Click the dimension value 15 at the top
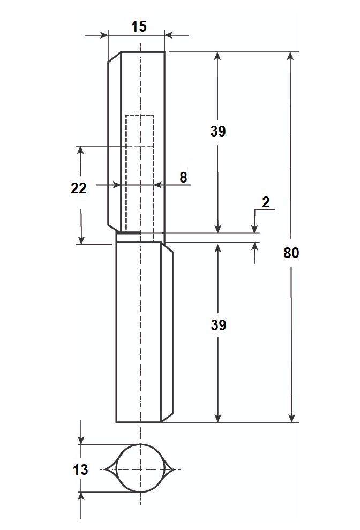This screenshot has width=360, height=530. [139, 26]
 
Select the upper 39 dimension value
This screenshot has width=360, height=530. [217, 131]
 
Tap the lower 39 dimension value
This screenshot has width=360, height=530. [218, 325]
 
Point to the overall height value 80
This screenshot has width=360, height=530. [291, 253]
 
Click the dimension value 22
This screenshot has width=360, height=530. [79, 188]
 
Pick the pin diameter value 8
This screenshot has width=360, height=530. [183, 177]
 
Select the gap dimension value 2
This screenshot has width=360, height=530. [266, 202]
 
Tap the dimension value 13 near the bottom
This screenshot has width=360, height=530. [80, 470]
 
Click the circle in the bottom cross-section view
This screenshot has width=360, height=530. [116, 468]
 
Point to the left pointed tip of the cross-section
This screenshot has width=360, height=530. [105, 469]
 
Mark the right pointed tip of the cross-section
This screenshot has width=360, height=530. [174, 469]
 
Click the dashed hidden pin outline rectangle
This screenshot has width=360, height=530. [126, 172]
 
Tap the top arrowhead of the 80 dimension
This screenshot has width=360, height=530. [290, 56]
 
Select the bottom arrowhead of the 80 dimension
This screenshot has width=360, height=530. [292, 418]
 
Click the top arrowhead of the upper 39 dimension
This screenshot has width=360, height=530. [217, 56]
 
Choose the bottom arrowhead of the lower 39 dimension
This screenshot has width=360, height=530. [218, 418]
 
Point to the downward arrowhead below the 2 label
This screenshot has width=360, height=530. [254, 229]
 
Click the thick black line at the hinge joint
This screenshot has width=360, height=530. [129, 232]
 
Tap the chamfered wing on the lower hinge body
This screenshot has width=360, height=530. [167, 332]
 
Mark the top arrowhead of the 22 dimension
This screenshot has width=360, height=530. [80, 150]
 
